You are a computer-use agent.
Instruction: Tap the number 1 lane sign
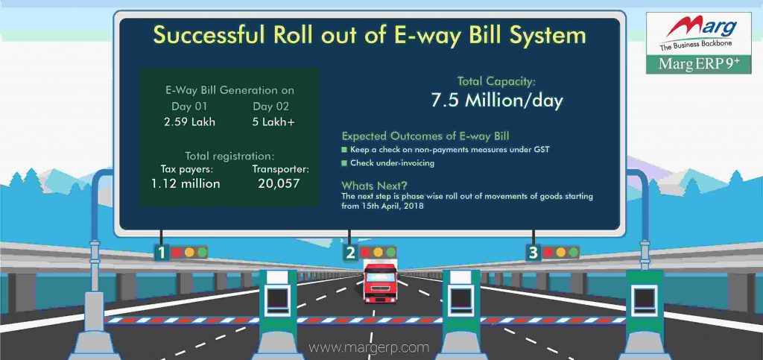[161, 253]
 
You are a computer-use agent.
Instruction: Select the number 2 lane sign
[350, 253]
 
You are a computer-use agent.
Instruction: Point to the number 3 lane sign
[533, 253]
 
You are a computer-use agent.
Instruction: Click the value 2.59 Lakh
[189, 121]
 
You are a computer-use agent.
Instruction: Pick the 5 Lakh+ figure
[273, 121]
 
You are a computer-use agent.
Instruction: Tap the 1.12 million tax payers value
[186, 183]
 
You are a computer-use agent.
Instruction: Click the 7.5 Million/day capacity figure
[497, 101]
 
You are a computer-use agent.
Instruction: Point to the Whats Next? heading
[373, 185]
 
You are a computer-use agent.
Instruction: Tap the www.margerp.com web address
[369, 347]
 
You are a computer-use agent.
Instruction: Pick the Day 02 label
[269, 106]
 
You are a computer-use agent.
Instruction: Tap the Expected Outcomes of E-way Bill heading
[425, 136]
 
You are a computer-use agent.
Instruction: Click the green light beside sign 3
[573, 252]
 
